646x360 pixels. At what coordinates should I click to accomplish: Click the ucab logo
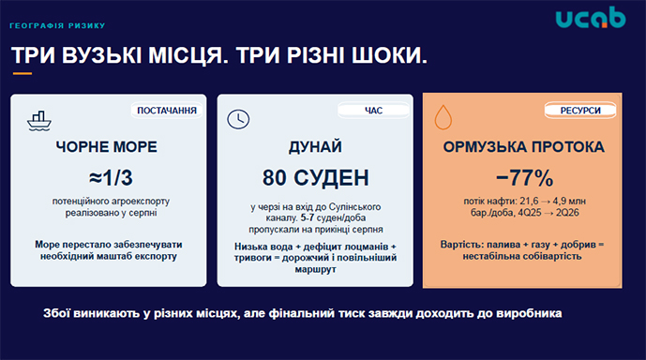tap(591, 18)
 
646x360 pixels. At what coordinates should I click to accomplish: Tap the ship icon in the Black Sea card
tap(39, 121)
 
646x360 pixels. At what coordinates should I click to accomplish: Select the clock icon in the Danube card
tap(238, 119)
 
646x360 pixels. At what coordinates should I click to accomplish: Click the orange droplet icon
tap(443, 117)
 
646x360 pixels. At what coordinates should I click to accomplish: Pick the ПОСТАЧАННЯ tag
tap(167, 111)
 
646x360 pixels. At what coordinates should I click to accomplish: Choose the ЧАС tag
tap(373, 111)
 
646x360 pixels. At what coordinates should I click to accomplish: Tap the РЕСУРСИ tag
tap(580, 111)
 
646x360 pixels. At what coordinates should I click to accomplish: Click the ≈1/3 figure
tap(111, 178)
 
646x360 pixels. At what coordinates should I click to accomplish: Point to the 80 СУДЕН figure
tap(316, 178)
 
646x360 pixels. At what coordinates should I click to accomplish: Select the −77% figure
tap(524, 178)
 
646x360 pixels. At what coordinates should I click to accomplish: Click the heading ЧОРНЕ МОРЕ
tap(106, 146)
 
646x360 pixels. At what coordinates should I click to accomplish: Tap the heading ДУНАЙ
tap(315, 146)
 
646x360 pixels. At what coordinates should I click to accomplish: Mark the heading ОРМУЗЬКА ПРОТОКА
tap(523, 146)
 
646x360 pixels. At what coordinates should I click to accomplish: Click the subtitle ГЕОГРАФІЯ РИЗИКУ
tap(57, 25)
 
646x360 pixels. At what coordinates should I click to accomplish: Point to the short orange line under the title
tap(23, 74)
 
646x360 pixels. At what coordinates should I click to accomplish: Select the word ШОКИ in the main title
tap(389, 55)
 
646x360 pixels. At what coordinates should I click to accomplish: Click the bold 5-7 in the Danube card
tap(307, 217)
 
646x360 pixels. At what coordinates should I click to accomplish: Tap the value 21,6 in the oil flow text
tap(529, 201)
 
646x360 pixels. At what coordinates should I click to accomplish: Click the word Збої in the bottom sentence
tap(56, 313)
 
